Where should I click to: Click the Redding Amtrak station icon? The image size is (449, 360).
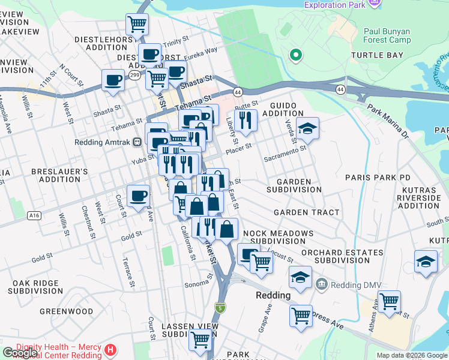137,142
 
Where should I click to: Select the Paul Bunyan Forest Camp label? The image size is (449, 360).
387,35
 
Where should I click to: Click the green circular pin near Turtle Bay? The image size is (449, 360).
295,56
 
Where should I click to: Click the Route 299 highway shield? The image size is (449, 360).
136,75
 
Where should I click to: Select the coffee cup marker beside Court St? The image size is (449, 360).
138,195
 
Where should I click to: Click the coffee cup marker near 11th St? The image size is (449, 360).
112,80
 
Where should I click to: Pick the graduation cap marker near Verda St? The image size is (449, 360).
307,128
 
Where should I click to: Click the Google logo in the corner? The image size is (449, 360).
20,353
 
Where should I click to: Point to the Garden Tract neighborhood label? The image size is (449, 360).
306,212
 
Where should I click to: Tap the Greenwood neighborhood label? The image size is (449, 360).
66,311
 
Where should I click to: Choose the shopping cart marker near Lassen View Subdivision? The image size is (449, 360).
200,340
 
